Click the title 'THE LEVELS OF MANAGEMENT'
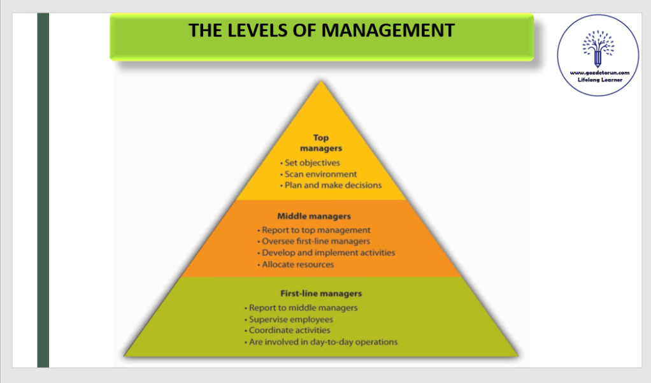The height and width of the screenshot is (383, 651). (322, 30)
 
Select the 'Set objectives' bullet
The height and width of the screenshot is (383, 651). (312, 163)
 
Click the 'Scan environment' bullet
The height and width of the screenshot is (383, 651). (321, 174)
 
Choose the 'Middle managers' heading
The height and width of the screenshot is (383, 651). (314, 217)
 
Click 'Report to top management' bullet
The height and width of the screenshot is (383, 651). (316, 230)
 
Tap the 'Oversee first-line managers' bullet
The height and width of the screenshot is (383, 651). (316, 242)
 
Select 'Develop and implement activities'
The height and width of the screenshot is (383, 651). (328, 253)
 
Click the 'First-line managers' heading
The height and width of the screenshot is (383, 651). (321, 294)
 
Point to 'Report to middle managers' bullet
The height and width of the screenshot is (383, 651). (303, 308)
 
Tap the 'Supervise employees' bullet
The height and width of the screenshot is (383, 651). (290, 319)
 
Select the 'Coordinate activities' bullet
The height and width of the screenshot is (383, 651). (289, 331)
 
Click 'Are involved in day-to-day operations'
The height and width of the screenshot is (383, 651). (323, 342)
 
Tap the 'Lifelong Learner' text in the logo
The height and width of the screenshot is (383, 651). (599, 80)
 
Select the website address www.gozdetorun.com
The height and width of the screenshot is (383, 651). (599, 73)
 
